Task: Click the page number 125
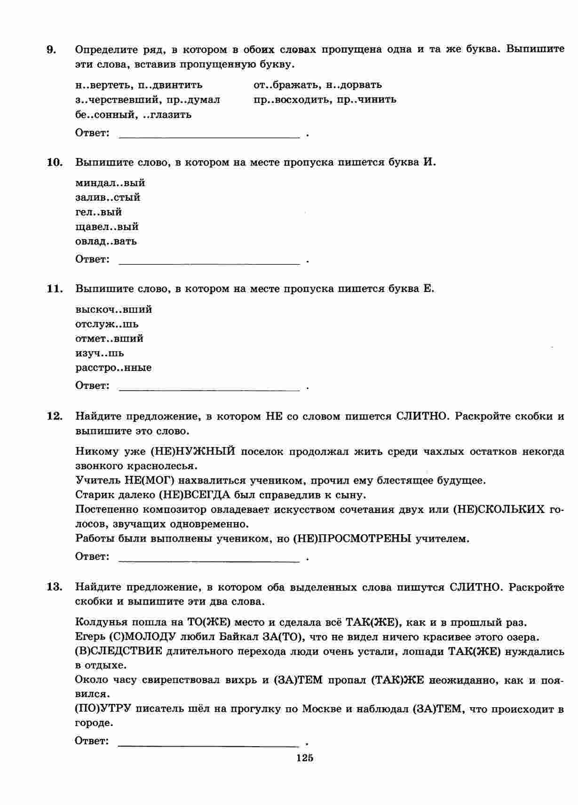tap(304, 758)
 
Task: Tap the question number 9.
tap(51, 49)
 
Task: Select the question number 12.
tap(54, 416)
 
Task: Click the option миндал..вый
tap(110, 183)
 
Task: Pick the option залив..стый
tap(108, 197)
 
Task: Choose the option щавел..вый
tap(107, 227)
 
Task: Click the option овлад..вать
tap(106, 241)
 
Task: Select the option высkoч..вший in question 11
tap(113, 309)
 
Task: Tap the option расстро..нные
tap(113, 368)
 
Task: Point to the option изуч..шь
tap(100, 353)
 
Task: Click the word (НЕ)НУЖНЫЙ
tap(193, 452)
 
